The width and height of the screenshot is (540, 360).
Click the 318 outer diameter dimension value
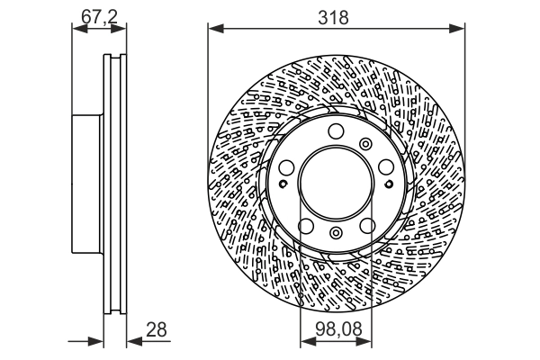click(337, 15)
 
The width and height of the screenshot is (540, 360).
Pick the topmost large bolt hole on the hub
click(337, 133)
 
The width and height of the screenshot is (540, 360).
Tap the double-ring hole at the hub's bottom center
click(337, 233)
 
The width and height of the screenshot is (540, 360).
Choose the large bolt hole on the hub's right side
click(385, 167)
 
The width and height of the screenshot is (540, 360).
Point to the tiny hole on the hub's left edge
click(283, 184)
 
